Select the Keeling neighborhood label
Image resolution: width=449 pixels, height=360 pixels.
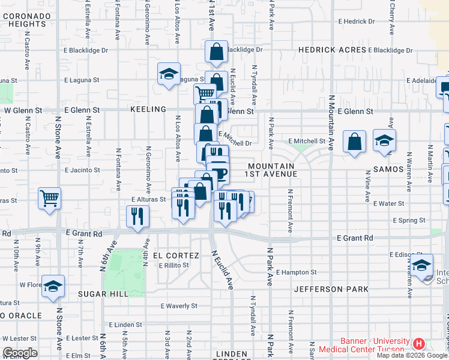click(x=148, y=109)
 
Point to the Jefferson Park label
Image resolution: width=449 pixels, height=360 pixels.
click(x=331, y=289)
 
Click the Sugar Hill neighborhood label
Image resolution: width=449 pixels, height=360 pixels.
click(x=103, y=294)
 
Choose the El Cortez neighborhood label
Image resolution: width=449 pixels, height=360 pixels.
click(x=175, y=256)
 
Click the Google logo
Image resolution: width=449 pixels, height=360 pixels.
click(x=19, y=353)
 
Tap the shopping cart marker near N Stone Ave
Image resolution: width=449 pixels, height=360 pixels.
click(x=49, y=198)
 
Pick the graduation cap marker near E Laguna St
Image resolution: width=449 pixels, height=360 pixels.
click(x=169, y=74)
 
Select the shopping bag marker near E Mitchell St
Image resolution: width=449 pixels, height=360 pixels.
click(x=355, y=142)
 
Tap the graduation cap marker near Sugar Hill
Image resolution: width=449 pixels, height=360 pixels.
click(x=53, y=286)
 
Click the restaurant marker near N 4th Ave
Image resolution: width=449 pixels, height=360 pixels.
click(x=137, y=216)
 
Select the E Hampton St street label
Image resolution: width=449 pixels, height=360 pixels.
click(x=297, y=272)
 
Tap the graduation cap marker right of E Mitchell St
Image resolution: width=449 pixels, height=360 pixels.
click(x=384, y=140)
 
